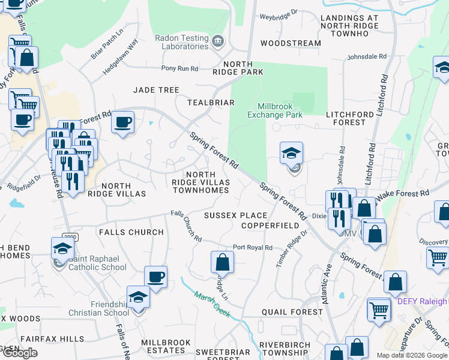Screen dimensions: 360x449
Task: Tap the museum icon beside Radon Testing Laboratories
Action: (218, 41)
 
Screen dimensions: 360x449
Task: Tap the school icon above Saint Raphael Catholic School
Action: (62, 248)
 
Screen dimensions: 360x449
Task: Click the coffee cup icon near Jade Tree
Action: (123, 122)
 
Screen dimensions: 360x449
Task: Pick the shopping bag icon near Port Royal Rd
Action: (222, 262)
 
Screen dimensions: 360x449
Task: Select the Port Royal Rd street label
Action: (253, 247)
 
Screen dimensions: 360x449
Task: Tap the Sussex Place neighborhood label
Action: (235, 215)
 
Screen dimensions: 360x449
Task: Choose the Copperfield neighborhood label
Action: (270, 226)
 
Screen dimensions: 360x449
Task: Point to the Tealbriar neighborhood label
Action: (210, 103)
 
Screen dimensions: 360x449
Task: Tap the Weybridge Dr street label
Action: (278, 12)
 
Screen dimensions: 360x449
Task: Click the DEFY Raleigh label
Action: (422, 301)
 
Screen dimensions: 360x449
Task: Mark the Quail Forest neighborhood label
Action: (292, 312)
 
